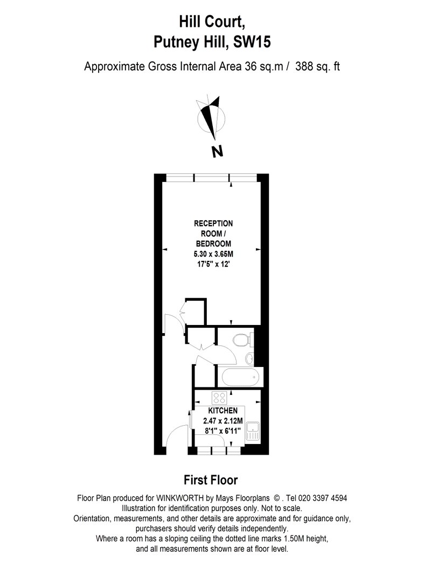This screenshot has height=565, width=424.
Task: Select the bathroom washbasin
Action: click(x=249, y=358)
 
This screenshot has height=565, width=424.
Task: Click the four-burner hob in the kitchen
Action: click(x=219, y=398)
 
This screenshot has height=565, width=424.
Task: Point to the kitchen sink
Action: click(x=252, y=432)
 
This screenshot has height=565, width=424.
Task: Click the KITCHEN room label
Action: click(x=223, y=411)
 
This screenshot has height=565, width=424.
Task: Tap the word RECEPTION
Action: click(x=213, y=223)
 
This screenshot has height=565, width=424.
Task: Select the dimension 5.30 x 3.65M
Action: click(x=213, y=254)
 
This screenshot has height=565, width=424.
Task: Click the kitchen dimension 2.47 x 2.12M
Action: click(x=223, y=420)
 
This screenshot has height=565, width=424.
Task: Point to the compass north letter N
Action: click(x=217, y=151)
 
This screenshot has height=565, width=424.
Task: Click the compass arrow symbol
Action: click(x=211, y=117)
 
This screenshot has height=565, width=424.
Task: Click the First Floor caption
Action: click(x=211, y=480)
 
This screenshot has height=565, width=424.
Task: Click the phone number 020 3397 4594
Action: click(x=321, y=498)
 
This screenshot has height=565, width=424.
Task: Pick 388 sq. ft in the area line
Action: click(x=317, y=67)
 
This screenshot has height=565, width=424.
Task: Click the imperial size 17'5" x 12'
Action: click(x=213, y=264)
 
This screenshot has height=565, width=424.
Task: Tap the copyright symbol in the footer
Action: click(x=277, y=498)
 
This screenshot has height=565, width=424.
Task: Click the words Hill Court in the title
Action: click(x=212, y=23)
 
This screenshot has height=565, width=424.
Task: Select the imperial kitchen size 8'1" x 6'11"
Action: click(x=223, y=430)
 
